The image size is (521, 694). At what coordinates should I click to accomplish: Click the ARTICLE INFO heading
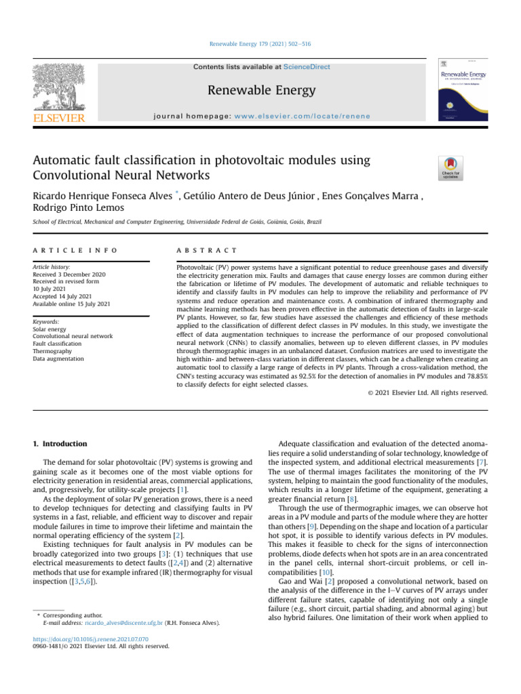75,251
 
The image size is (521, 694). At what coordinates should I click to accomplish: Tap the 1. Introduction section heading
60,444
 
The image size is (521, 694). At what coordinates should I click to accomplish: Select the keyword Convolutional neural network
73,335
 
